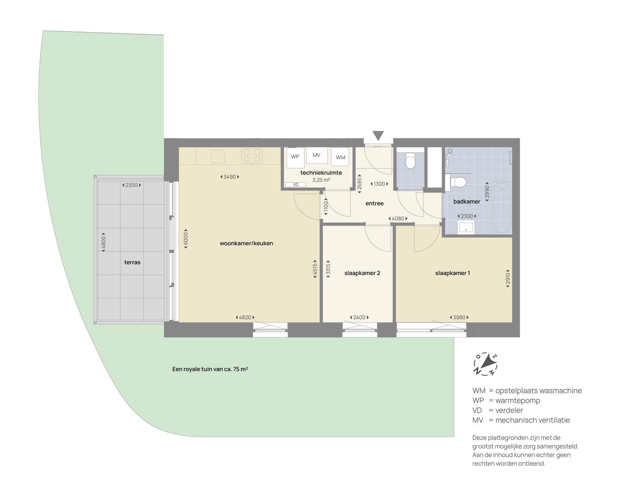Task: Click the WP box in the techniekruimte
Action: click(295, 157)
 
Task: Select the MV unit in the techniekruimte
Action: click(317, 155)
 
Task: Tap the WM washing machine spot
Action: click(340, 157)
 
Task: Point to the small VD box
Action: click(295, 184)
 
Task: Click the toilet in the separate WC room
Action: click(410, 161)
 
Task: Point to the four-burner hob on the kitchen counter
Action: click(252, 156)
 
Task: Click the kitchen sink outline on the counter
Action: click(218, 157)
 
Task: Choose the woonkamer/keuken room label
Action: click(246, 243)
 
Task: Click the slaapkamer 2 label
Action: click(362, 273)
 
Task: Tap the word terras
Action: click(132, 262)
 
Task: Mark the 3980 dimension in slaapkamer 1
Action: click(459, 317)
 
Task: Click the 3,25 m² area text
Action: click(321, 180)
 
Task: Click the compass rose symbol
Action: click(485, 364)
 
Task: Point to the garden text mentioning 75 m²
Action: click(210, 369)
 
